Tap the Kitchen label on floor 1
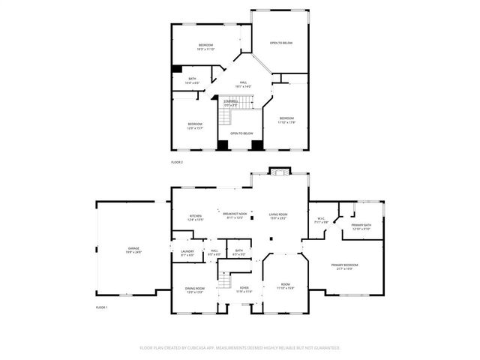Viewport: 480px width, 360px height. click(x=195, y=217)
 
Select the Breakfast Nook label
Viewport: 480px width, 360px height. click(x=235, y=216)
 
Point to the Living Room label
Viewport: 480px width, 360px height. click(x=279, y=217)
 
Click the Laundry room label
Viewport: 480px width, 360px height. click(x=187, y=253)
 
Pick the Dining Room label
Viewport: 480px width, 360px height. click(x=194, y=290)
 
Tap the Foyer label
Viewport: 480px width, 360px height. click(x=244, y=290)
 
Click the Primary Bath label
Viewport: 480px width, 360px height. click(x=361, y=227)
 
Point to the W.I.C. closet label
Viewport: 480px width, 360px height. click(x=321, y=220)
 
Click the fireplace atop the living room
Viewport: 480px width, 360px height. click(x=279, y=172)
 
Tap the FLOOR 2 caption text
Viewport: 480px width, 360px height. click(x=177, y=162)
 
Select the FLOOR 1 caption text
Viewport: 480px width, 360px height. click(x=102, y=308)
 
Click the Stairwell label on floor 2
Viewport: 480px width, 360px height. click(x=231, y=103)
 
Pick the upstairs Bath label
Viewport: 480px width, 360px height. click(x=193, y=80)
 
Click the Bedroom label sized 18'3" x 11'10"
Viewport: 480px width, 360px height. click(x=206, y=47)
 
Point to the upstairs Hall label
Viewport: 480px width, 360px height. click(x=243, y=84)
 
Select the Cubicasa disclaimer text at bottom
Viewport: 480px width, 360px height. click(x=240, y=348)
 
